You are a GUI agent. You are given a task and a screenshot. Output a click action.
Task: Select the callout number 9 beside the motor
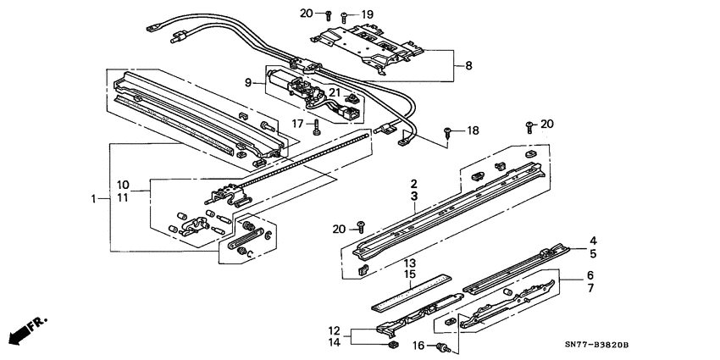tap(249, 82)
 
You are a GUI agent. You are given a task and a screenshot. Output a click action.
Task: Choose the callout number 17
tap(297, 123)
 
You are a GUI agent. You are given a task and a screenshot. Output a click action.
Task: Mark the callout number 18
tap(473, 130)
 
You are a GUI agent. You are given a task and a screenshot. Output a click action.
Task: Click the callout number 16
tap(418, 346)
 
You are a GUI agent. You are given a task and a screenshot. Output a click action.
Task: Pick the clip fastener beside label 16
tap(441, 347)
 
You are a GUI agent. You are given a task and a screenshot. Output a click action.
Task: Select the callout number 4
tap(594, 241)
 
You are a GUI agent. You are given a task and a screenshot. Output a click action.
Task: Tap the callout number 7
tap(591, 289)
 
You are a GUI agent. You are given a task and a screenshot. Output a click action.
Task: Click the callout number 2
tap(414, 184)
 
